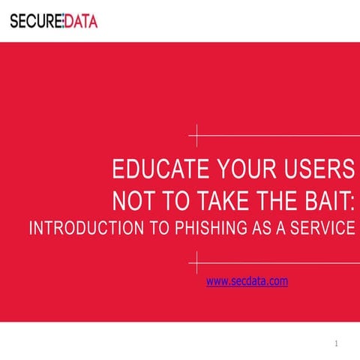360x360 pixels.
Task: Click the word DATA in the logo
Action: click(x=79, y=21)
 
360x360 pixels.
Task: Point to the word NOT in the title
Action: click(x=132, y=200)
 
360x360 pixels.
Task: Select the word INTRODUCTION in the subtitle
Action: click(x=82, y=229)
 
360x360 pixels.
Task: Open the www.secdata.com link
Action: click(x=247, y=281)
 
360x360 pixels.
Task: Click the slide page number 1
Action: click(x=337, y=343)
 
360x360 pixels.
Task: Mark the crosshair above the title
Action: click(x=197, y=137)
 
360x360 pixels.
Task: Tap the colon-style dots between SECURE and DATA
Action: click(x=61, y=21)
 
